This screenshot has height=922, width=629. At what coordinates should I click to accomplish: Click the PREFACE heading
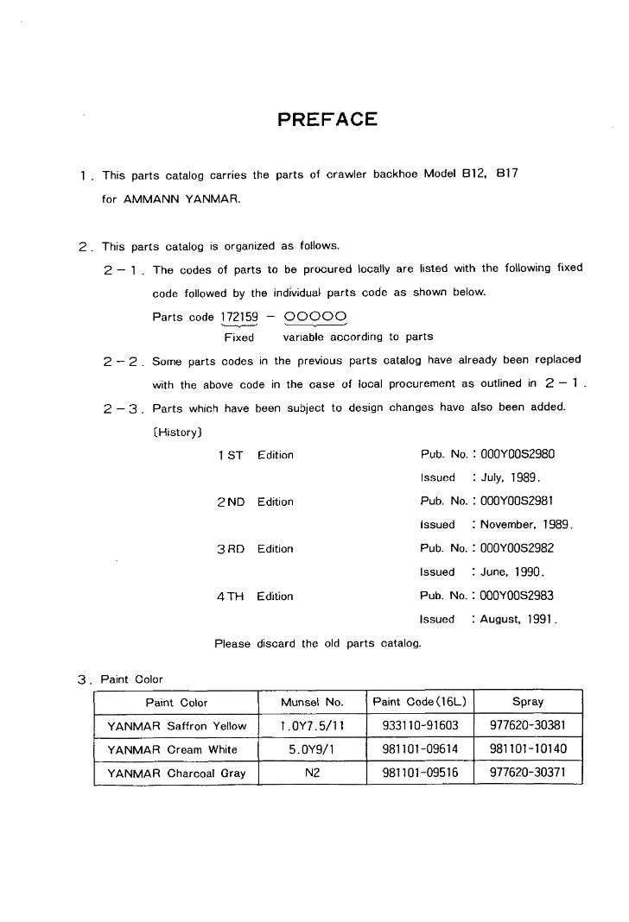(x=327, y=119)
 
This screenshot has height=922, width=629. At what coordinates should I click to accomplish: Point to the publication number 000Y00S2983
(x=517, y=596)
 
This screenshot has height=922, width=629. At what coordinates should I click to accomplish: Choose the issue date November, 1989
(x=526, y=524)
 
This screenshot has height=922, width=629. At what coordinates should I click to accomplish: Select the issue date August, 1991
(x=518, y=619)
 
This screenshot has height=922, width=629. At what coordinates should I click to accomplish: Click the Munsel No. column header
(x=312, y=703)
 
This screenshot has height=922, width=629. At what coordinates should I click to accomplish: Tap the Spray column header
(x=528, y=703)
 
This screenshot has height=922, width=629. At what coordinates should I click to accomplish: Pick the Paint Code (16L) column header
(x=419, y=703)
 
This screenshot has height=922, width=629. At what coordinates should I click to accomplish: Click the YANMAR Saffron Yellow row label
(x=176, y=726)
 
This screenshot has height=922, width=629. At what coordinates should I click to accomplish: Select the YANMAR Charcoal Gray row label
(x=176, y=773)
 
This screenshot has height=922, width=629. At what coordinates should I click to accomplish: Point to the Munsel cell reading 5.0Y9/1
(x=312, y=749)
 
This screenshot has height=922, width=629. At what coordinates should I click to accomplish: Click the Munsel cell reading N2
(x=312, y=773)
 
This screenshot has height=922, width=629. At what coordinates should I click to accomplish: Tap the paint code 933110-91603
(x=419, y=726)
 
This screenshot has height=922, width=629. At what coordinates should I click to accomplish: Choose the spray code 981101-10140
(x=528, y=749)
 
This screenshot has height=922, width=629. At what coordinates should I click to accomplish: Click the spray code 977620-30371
(x=528, y=773)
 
